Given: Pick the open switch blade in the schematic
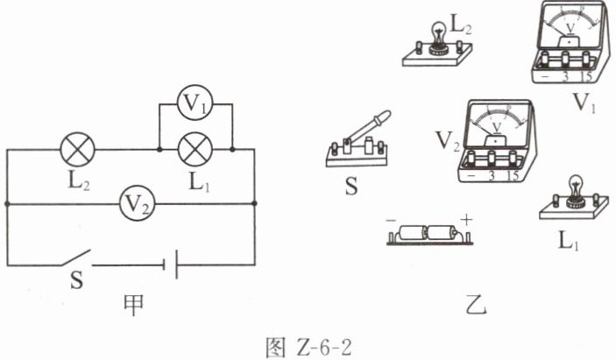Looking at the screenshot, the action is [75, 258].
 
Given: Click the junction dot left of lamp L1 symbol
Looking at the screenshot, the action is [159, 150].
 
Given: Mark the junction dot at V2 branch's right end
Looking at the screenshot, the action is [255, 203].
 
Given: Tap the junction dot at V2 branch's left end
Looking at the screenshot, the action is [7, 203].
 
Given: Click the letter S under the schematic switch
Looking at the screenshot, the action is [77, 280].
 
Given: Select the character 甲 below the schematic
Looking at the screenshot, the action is [133, 305].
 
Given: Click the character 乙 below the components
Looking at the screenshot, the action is [476, 305].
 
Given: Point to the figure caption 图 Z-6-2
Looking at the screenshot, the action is [308, 348].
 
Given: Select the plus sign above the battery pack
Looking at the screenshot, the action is [466, 220].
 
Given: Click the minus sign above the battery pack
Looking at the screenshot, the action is [391, 221].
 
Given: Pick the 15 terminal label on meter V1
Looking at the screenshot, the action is [586, 76].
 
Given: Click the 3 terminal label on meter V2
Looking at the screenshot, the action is [492, 175].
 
